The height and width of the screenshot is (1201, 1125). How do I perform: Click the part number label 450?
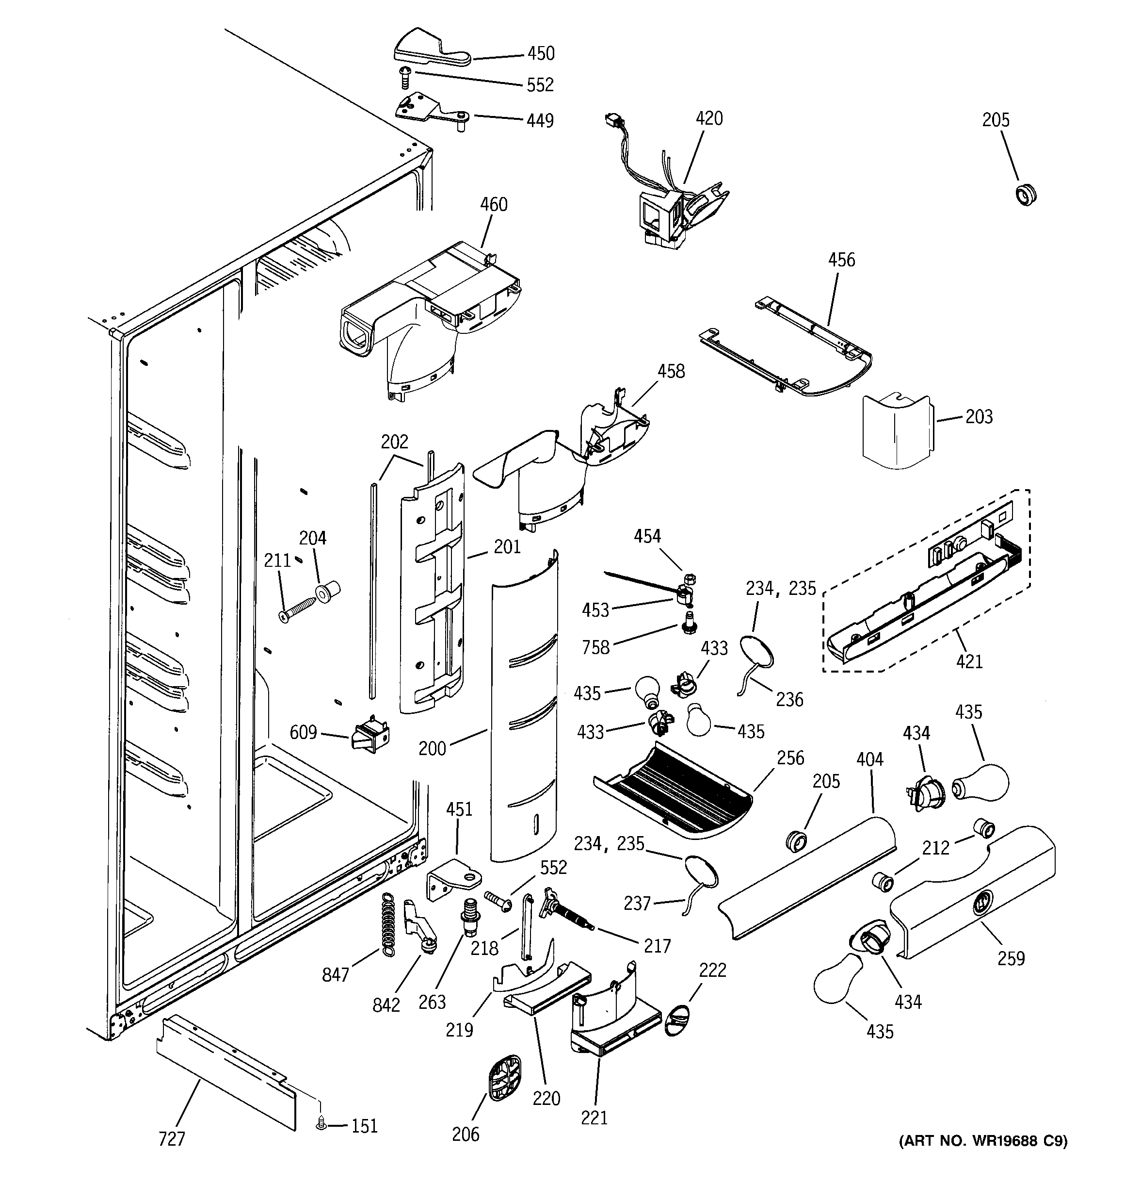(x=541, y=54)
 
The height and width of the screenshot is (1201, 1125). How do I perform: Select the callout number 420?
(x=709, y=118)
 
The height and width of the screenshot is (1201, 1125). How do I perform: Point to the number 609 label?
(x=303, y=732)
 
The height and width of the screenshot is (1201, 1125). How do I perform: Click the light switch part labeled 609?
(x=370, y=735)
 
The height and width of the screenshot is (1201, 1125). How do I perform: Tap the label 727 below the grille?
(x=172, y=1139)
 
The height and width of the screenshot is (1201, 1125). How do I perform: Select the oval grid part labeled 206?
(x=504, y=1078)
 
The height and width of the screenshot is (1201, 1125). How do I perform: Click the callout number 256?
(x=790, y=757)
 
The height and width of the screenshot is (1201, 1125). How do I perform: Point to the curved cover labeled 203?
(x=896, y=431)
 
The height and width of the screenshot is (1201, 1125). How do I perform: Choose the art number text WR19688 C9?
(x=982, y=1141)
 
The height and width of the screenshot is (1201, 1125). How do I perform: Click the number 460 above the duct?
(x=493, y=205)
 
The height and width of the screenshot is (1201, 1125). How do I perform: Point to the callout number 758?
(x=595, y=648)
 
